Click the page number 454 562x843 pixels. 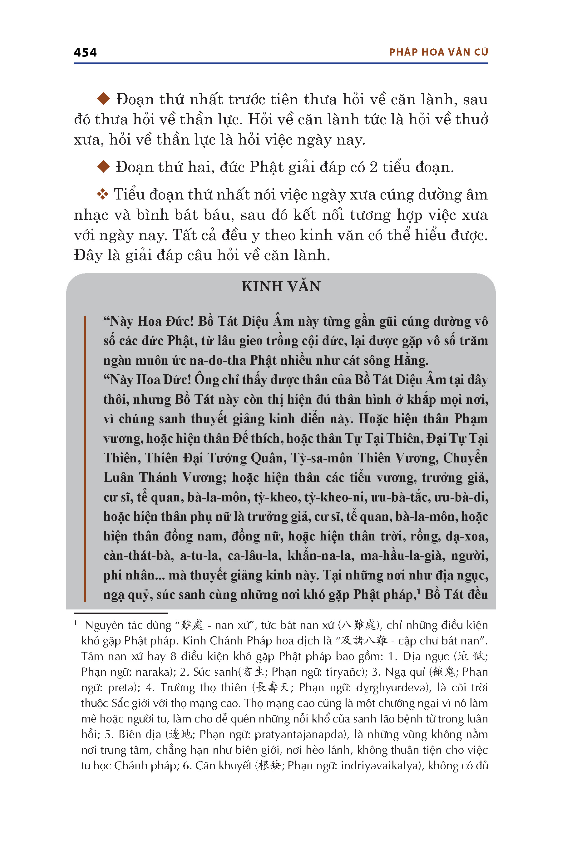(85, 53)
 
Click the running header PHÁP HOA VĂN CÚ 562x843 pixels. (438, 52)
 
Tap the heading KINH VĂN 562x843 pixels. (281, 286)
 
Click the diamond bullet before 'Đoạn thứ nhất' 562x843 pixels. (104, 99)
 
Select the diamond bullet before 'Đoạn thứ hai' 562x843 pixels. (104, 166)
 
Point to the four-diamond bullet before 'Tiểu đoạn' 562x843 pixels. (102, 194)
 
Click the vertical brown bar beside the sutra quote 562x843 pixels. (85, 458)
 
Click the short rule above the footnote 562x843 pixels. (121, 613)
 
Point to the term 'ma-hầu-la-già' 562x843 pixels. (402, 555)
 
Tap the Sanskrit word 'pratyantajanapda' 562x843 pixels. (300, 734)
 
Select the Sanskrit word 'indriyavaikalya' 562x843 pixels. (380, 766)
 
